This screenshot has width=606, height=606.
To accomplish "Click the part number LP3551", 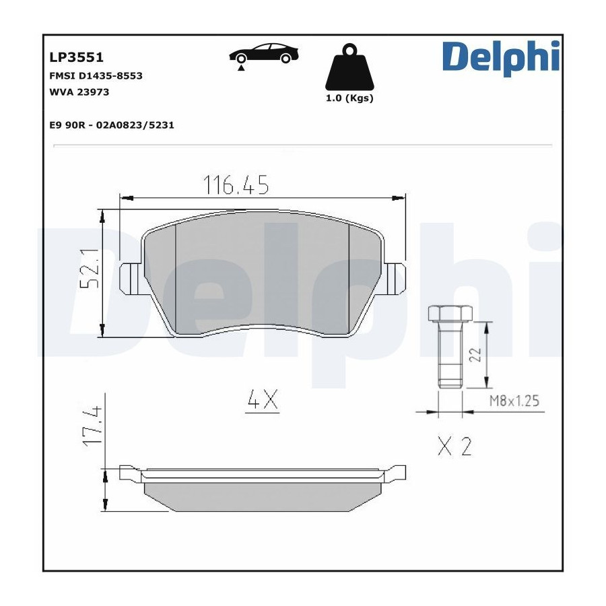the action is point(76,57).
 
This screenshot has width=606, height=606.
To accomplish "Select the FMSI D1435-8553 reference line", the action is point(96,75).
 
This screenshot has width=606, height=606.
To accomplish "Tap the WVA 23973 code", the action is point(79,92).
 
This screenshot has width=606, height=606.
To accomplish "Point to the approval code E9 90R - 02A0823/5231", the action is point(112,125).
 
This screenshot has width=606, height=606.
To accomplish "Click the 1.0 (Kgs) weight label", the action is point(349,98).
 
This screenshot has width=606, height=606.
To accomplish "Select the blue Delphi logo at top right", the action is point(501,57).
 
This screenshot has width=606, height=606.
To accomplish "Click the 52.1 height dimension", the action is point(90,268).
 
